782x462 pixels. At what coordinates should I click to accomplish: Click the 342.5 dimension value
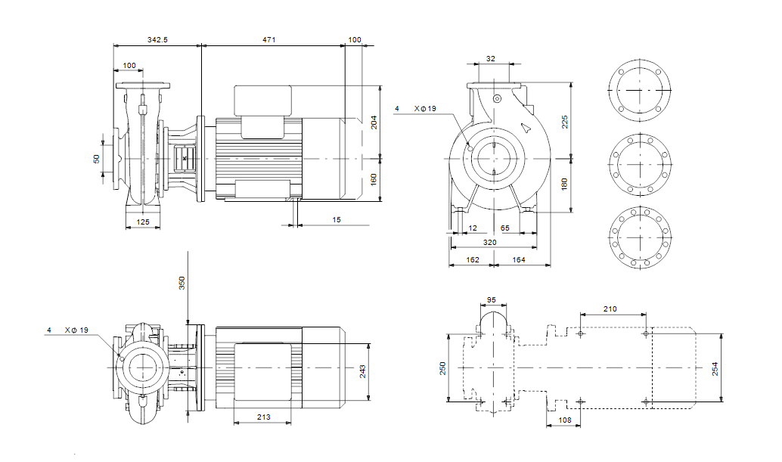[157, 39]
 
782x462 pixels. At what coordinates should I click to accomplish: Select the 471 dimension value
[270, 39]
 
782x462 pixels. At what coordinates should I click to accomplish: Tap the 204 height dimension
[373, 122]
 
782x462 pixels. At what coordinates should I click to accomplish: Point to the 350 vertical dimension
[182, 283]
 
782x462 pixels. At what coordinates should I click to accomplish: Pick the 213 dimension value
[262, 417]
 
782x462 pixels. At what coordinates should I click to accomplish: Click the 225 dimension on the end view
[565, 122]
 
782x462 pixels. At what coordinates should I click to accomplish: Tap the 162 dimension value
[472, 260]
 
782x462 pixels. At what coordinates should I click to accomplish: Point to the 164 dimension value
[519, 260]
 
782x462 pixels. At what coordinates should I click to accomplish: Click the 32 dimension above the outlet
[491, 58]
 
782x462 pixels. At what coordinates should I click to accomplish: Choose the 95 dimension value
[492, 300]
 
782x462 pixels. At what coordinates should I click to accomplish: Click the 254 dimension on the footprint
[715, 368]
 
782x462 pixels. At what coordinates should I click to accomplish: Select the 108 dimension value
[563, 420]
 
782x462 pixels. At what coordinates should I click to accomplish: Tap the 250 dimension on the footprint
[444, 368]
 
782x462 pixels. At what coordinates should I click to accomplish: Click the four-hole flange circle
[639, 91]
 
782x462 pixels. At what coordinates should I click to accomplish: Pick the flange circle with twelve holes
[639, 236]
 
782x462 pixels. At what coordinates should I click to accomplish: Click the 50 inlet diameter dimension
[97, 159]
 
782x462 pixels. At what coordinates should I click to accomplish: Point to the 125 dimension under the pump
[142, 222]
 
